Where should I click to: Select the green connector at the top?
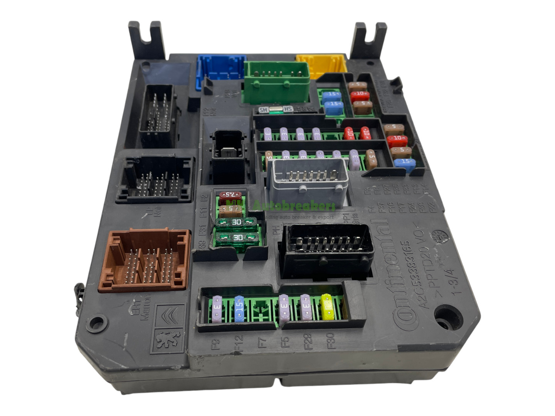276,82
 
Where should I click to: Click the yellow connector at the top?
321,66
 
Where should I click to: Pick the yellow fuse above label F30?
327,307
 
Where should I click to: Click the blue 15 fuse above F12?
239,308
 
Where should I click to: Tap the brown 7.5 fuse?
230,195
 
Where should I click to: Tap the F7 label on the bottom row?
263,342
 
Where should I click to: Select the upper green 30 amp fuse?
236,223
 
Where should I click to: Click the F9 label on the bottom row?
217,343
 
